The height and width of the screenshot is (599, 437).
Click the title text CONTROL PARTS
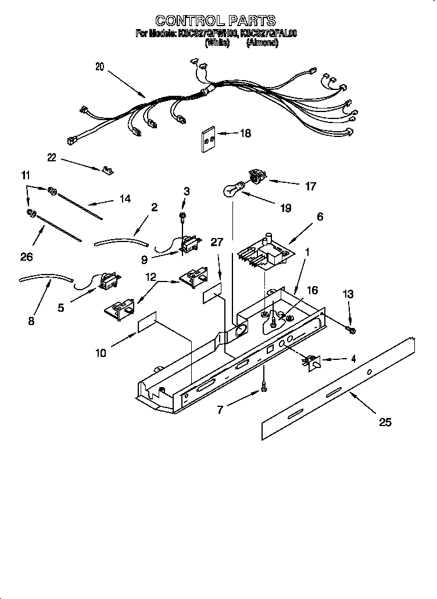tap(216, 21)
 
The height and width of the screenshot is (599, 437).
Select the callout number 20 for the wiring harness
tap(99, 67)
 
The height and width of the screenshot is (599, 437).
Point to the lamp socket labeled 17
tap(256, 176)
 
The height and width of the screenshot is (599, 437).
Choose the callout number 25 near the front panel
tap(385, 422)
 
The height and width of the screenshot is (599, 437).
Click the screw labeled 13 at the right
tap(350, 330)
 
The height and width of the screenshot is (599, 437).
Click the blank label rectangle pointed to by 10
tap(148, 324)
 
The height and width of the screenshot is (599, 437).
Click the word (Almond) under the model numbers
tap(262, 43)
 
